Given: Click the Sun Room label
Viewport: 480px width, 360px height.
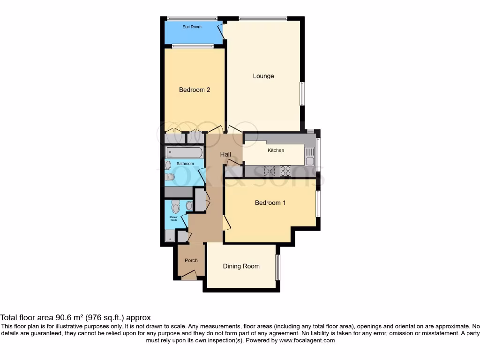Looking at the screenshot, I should [x=192, y=27].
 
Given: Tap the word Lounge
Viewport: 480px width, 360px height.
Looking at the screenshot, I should [x=263, y=76].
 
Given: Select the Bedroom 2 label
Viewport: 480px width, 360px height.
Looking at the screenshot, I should [x=195, y=90].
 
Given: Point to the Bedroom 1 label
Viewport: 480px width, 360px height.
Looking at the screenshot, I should [x=270, y=203].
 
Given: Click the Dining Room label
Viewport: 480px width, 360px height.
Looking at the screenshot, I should [x=241, y=266].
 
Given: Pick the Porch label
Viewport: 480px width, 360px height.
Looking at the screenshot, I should [x=191, y=261].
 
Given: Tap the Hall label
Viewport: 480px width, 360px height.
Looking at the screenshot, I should [x=225, y=154].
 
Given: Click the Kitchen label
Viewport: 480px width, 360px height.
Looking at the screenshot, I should [x=276, y=150].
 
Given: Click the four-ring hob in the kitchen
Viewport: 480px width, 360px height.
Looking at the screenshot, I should [x=285, y=171].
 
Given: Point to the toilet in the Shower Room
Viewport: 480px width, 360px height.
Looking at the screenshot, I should [x=176, y=206].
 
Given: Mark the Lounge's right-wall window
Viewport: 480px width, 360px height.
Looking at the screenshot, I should [x=302, y=94].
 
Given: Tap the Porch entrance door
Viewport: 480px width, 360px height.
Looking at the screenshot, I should [x=189, y=277].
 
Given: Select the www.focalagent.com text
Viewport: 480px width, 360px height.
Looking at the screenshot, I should [x=307, y=341].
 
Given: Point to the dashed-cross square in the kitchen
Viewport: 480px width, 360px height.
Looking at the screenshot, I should [x=270, y=171].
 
